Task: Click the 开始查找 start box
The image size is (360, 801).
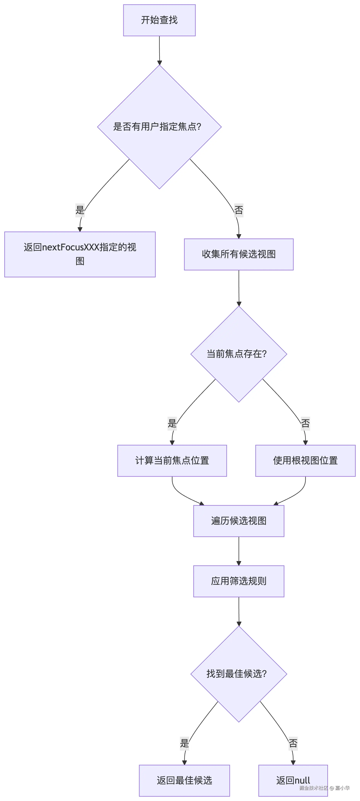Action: pyautogui.click(x=159, y=20)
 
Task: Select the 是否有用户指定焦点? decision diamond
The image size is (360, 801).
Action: pyautogui.click(x=159, y=127)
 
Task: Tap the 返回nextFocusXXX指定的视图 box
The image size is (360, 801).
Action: pyautogui.click(x=80, y=254)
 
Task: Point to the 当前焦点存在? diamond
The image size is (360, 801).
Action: pyautogui.click(x=238, y=354)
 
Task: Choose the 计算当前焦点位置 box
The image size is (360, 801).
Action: pyautogui.click(x=172, y=461)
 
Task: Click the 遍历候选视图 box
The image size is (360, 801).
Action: pyautogui.click(x=238, y=521)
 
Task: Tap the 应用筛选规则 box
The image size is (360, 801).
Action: pyautogui.click(x=238, y=581)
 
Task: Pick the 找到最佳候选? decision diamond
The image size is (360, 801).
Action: pyautogui.click(x=238, y=674)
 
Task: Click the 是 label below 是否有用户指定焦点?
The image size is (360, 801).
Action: pyautogui.click(x=80, y=210)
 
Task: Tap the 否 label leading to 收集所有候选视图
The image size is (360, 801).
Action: pyautogui.click(x=238, y=210)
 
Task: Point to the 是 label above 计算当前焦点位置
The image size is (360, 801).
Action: pyautogui.click(x=172, y=423)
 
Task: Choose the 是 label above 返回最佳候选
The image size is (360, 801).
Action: pyautogui.click(x=184, y=743)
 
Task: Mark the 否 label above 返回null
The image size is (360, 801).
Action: pyautogui.click(x=293, y=743)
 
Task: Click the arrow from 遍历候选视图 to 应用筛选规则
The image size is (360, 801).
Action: pyautogui.click(x=238, y=551)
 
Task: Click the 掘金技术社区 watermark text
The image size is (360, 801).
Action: pyautogui.click(x=313, y=788)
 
